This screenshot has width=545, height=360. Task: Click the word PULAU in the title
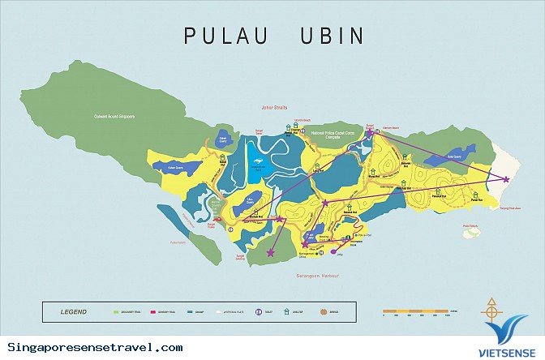[x=221, y=36]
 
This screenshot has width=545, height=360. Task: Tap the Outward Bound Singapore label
[x=113, y=117]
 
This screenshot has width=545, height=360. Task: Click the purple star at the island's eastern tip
[x=506, y=179]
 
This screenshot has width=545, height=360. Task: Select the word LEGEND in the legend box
[x=75, y=311]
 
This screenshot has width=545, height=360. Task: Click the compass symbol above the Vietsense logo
[x=491, y=309]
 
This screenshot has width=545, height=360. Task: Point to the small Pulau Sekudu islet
[x=471, y=234]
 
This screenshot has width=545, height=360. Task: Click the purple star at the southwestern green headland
[x=270, y=254]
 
